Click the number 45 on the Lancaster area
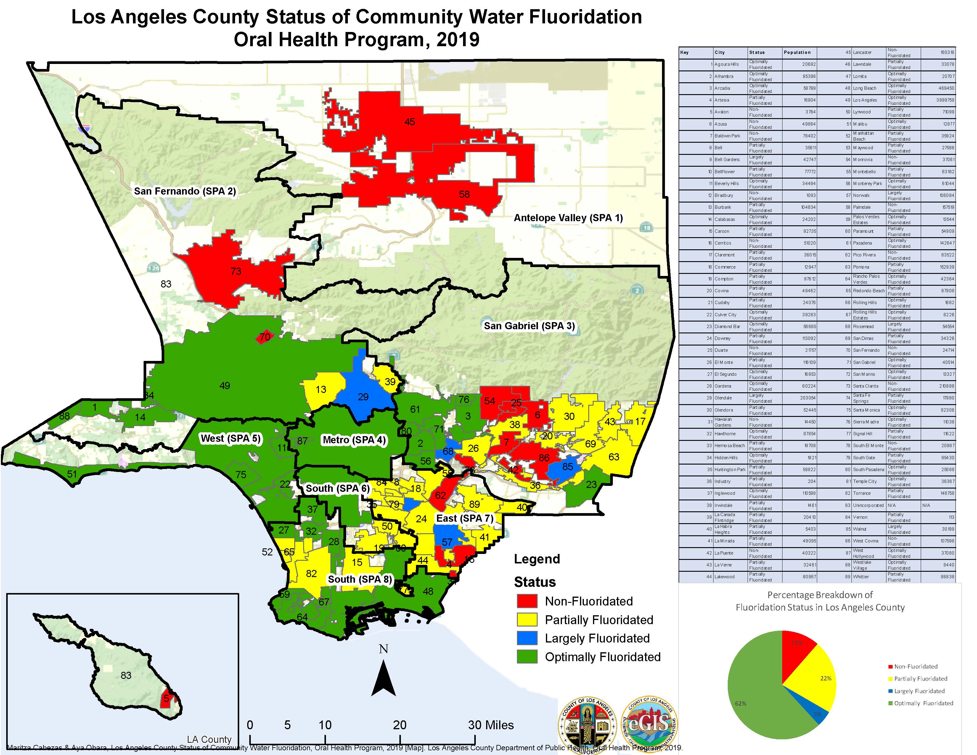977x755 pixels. pyautogui.click(x=409, y=122)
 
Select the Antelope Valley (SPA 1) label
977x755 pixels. pyautogui.click(x=568, y=218)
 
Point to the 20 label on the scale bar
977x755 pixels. pyautogui.click(x=399, y=725)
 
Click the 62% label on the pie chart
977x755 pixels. pyautogui.click(x=740, y=703)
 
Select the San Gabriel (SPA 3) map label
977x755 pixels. pyautogui.click(x=529, y=326)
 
